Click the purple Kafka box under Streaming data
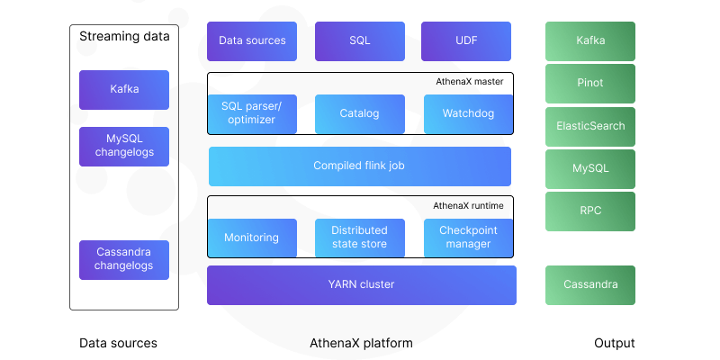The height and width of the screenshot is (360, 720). point(124,90)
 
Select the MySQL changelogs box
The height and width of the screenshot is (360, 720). point(124,146)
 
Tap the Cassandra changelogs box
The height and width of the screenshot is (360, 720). point(124,258)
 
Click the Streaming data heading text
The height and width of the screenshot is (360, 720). point(124,36)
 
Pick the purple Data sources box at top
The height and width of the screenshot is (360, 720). point(252,41)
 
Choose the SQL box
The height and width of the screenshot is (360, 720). point(359,41)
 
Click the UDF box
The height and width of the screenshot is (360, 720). point(466,41)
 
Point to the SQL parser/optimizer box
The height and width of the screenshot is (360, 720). point(252,113)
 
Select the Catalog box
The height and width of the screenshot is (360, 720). point(359,113)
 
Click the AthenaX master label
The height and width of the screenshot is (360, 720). point(469,81)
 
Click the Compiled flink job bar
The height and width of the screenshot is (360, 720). point(359,166)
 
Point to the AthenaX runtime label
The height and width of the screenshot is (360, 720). point(468,205)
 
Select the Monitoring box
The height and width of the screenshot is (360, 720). point(252,238)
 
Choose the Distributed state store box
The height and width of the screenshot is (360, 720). point(359,238)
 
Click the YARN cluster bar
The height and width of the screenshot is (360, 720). point(361,284)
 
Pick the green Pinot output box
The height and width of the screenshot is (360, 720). point(590,83)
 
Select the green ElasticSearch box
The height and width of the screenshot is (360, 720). point(590,126)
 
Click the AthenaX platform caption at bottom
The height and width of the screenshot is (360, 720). point(361,343)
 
